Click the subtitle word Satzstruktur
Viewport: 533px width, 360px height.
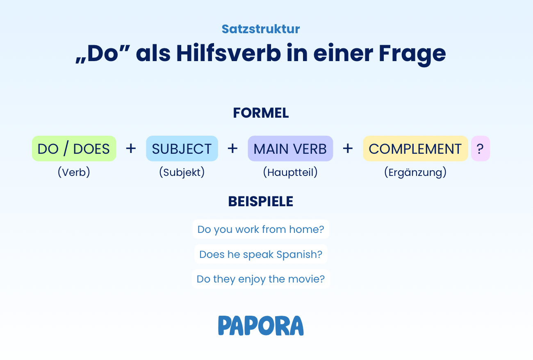260,29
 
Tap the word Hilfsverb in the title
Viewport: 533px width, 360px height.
228,53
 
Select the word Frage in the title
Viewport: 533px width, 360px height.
412,55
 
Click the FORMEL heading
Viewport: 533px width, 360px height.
261,113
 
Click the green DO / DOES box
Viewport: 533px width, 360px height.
74,148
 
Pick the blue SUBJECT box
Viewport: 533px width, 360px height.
182,148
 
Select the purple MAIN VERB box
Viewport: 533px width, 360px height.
290,148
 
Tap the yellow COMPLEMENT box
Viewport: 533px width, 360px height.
415,148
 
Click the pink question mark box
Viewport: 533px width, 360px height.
481,148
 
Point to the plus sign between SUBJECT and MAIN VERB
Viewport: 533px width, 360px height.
232,148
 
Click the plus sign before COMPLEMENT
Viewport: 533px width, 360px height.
348,148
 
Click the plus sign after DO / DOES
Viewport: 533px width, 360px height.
131,148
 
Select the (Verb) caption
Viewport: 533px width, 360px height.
74,172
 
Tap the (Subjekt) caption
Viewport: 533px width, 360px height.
182,172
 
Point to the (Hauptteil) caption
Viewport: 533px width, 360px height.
290,172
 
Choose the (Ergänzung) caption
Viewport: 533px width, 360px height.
415,172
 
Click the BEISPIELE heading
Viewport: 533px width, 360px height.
261,202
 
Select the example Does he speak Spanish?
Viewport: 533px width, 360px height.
261,254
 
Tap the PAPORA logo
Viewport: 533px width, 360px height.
261,326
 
